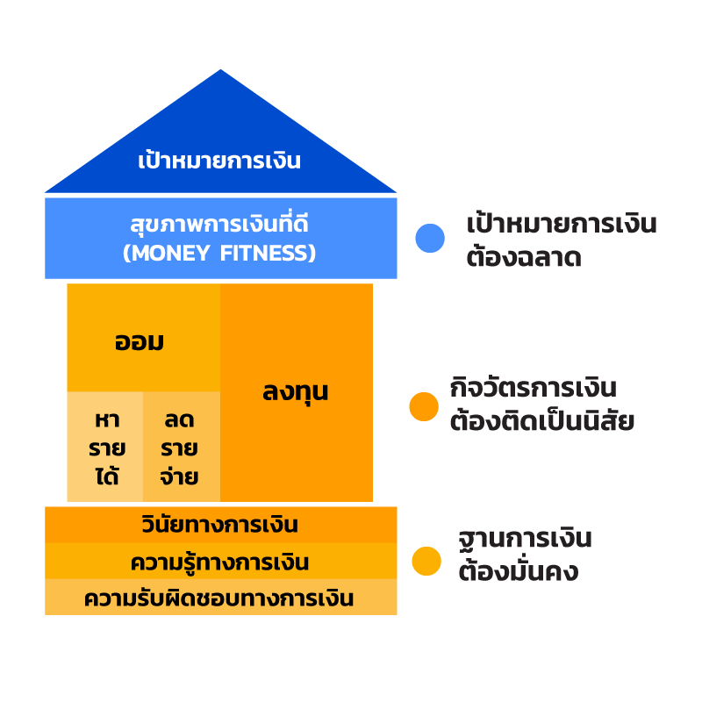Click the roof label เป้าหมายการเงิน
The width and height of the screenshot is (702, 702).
point(219,161)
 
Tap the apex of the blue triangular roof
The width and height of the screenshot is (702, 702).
point(220,73)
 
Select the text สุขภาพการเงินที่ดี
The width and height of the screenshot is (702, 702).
point(219,225)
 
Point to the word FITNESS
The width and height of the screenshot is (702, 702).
point(269,254)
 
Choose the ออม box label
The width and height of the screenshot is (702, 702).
point(140,341)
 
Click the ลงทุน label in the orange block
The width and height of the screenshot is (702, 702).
point(296,391)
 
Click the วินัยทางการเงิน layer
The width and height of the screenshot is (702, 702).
point(220,526)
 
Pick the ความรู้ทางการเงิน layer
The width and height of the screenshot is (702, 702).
point(220,562)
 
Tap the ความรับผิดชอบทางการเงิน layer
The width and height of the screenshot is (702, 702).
point(220,598)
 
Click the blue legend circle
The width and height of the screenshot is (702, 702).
point(430,238)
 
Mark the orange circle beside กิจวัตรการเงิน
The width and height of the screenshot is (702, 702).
point(424,406)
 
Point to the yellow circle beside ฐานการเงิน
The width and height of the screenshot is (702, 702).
point(426,562)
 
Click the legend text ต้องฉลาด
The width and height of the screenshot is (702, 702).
point(523,258)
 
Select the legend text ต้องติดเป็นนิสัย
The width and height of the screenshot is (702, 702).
point(541,422)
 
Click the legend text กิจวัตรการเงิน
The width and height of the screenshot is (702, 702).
point(534,388)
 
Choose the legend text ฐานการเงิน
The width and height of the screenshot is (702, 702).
point(525,538)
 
